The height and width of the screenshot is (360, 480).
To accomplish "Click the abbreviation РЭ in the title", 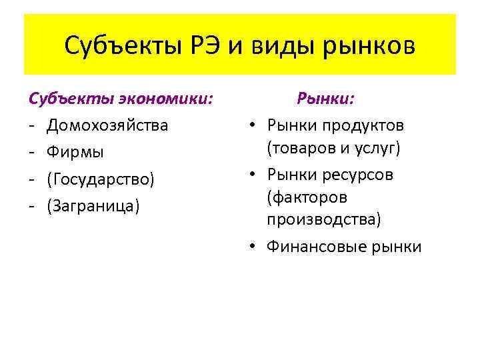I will [202, 47].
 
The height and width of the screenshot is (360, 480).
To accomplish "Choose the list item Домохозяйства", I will [107, 125].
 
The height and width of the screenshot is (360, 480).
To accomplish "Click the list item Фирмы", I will [75, 152].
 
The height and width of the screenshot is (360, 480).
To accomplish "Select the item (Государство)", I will [100, 179].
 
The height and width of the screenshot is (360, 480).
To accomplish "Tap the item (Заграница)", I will [93, 205].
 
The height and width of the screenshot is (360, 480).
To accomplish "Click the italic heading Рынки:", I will [326, 99].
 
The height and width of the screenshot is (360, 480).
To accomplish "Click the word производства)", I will [324, 219].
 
